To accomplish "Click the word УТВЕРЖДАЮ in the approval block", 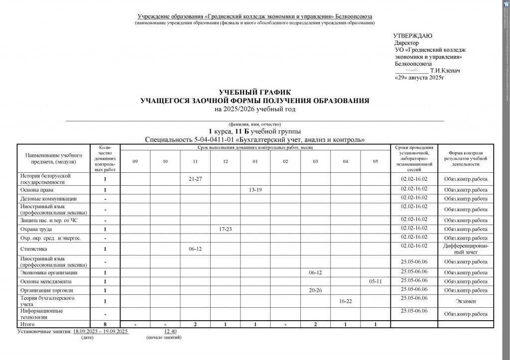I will pos(413,36).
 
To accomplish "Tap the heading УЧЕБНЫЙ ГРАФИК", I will pos(255,93).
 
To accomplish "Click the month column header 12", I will pos(225,161).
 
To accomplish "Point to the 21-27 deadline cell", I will pos(195,179).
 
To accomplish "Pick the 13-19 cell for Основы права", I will pos(255,190).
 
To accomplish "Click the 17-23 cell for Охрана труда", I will pos(225,229).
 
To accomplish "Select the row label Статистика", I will pos(34,248).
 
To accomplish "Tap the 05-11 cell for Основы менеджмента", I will pos(375,281).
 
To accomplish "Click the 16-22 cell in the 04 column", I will pos(345,302).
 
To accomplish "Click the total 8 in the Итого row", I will pos(105,324).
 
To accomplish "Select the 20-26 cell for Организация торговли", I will pos(315,290).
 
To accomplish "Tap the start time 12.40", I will pos(170,331).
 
